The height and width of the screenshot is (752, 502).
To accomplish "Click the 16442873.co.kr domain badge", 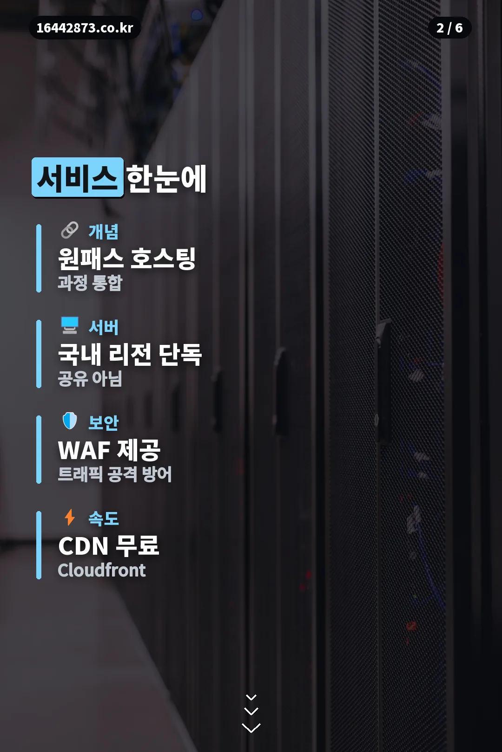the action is click(85, 28).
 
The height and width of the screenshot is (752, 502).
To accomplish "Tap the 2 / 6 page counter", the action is click(449, 28).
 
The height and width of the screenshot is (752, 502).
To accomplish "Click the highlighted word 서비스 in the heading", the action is click(78, 177).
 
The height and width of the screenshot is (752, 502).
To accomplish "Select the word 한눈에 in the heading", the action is click(166, 178).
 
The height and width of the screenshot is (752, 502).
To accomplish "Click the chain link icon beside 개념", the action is click(70, 230).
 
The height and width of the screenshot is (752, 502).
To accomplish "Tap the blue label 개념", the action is click(103, 232).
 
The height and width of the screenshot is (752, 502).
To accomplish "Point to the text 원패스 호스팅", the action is click(127, 259).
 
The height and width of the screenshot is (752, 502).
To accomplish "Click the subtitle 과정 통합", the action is click(90, 283).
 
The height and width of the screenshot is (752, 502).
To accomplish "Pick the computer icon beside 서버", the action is click(70, 325).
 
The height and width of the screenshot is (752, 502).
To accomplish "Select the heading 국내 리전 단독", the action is click(130, 355).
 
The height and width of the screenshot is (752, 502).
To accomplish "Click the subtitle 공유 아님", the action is click(90, 379).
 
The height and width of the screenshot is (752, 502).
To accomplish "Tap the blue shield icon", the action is click(70, 421).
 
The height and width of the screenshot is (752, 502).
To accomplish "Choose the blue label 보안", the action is click(103, 423).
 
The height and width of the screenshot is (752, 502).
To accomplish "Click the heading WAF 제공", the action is click(109, 450).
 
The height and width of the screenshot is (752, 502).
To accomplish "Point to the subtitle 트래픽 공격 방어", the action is click(115, 474).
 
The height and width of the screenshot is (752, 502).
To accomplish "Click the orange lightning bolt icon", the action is click(70, 517).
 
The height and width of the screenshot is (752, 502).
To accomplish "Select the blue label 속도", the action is click(103, 519).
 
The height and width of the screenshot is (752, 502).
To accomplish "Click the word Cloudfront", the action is click(101, 570).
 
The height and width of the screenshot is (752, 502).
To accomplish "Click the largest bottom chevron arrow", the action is click(251, 728).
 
